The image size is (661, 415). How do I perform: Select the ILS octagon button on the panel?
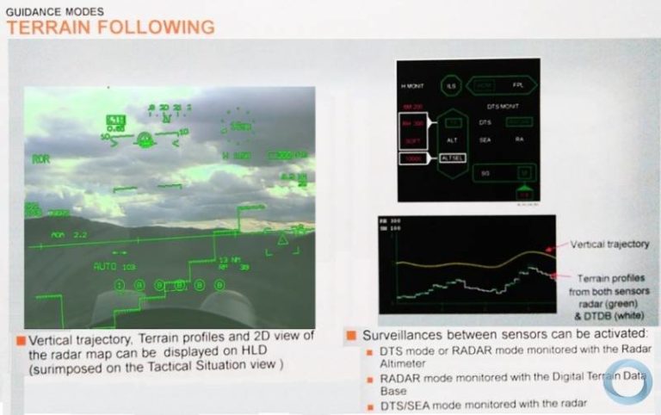pyautogui.click(x=448, y=86)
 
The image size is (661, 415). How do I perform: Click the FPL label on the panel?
pyautogui.click(x=518, y=86)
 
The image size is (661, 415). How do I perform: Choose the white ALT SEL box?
pyautogui.click(x=453, y=158)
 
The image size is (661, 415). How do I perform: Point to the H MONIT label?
pyautogui.click(x=413, y=87)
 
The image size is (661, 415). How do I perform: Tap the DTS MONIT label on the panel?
pyautogui.click(x=500, y=106)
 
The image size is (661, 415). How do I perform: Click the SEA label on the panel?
pyautogui.click(x=485, y=139)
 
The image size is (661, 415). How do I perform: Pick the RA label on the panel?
pyautogui.click(x=519, y=139)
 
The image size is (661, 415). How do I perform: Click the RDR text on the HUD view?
pyautogui.click(x=40, y=159)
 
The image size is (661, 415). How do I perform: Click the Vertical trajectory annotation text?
pyautogui.click(x=609, y=245)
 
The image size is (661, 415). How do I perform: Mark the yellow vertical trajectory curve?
pyautogui.click(x=465, y=258)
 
